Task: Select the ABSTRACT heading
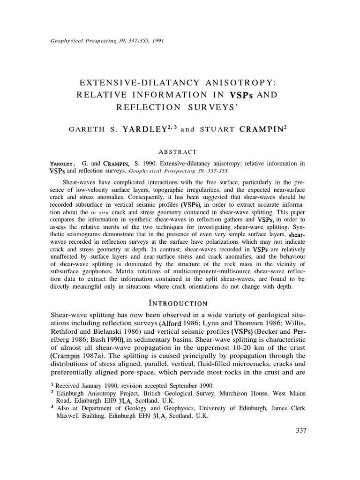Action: coord(180,151)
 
